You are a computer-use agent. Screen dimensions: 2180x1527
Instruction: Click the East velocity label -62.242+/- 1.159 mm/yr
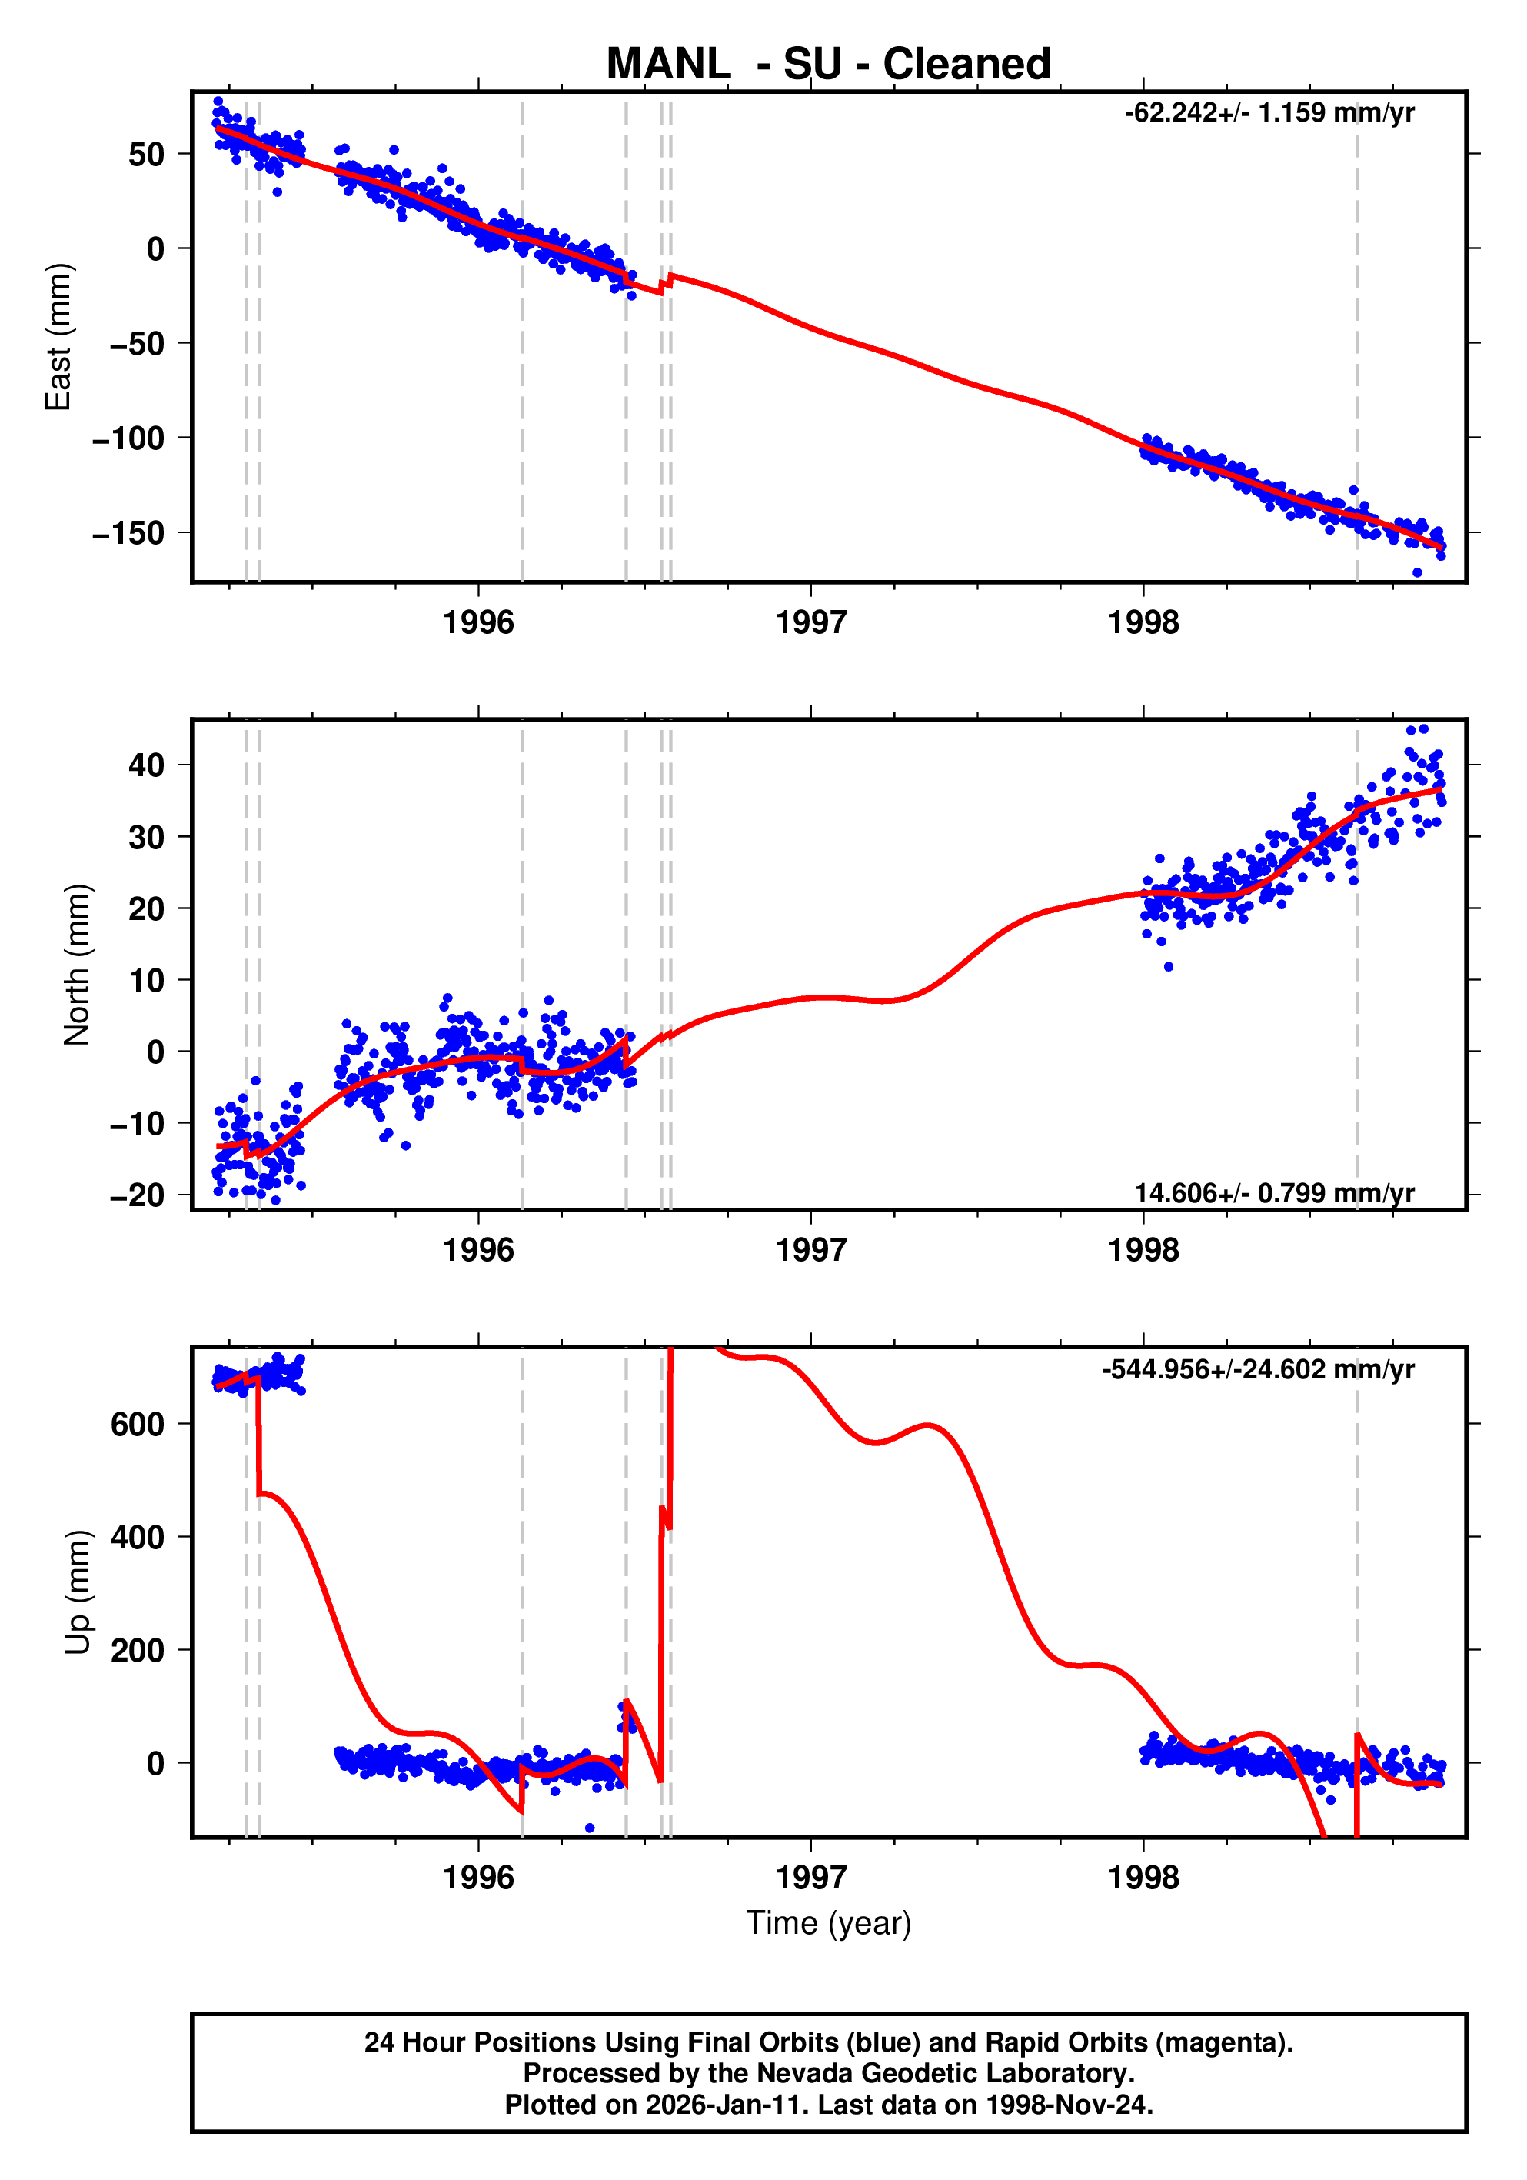tap(1269, 113)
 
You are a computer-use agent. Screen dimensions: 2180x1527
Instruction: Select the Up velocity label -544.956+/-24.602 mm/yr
tap(1257, 1369)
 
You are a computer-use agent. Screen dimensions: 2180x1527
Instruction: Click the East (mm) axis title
tap(59, 337)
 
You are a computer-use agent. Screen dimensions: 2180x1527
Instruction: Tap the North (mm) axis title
tap(77, 965)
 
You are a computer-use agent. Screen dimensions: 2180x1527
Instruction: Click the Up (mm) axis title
tap(77, 1592)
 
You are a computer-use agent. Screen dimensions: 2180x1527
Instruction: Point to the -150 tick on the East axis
tap(128, 534)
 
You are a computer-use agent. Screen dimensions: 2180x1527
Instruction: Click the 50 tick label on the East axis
tap(146, 154)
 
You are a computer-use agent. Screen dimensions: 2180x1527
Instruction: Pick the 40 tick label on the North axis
tap(146, 765)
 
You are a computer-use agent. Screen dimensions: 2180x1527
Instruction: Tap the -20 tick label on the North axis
tap(137, 1195)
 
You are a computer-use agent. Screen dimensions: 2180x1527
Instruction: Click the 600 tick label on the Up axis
tap(138, 1424)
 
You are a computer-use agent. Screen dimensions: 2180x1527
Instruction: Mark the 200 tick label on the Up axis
tap(138, 1650)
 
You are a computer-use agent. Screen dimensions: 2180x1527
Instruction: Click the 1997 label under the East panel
tap(810, 623)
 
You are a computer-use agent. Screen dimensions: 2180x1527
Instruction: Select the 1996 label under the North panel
tap(478, 1251)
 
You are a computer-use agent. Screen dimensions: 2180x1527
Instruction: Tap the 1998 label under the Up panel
tap(1143, 1877)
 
